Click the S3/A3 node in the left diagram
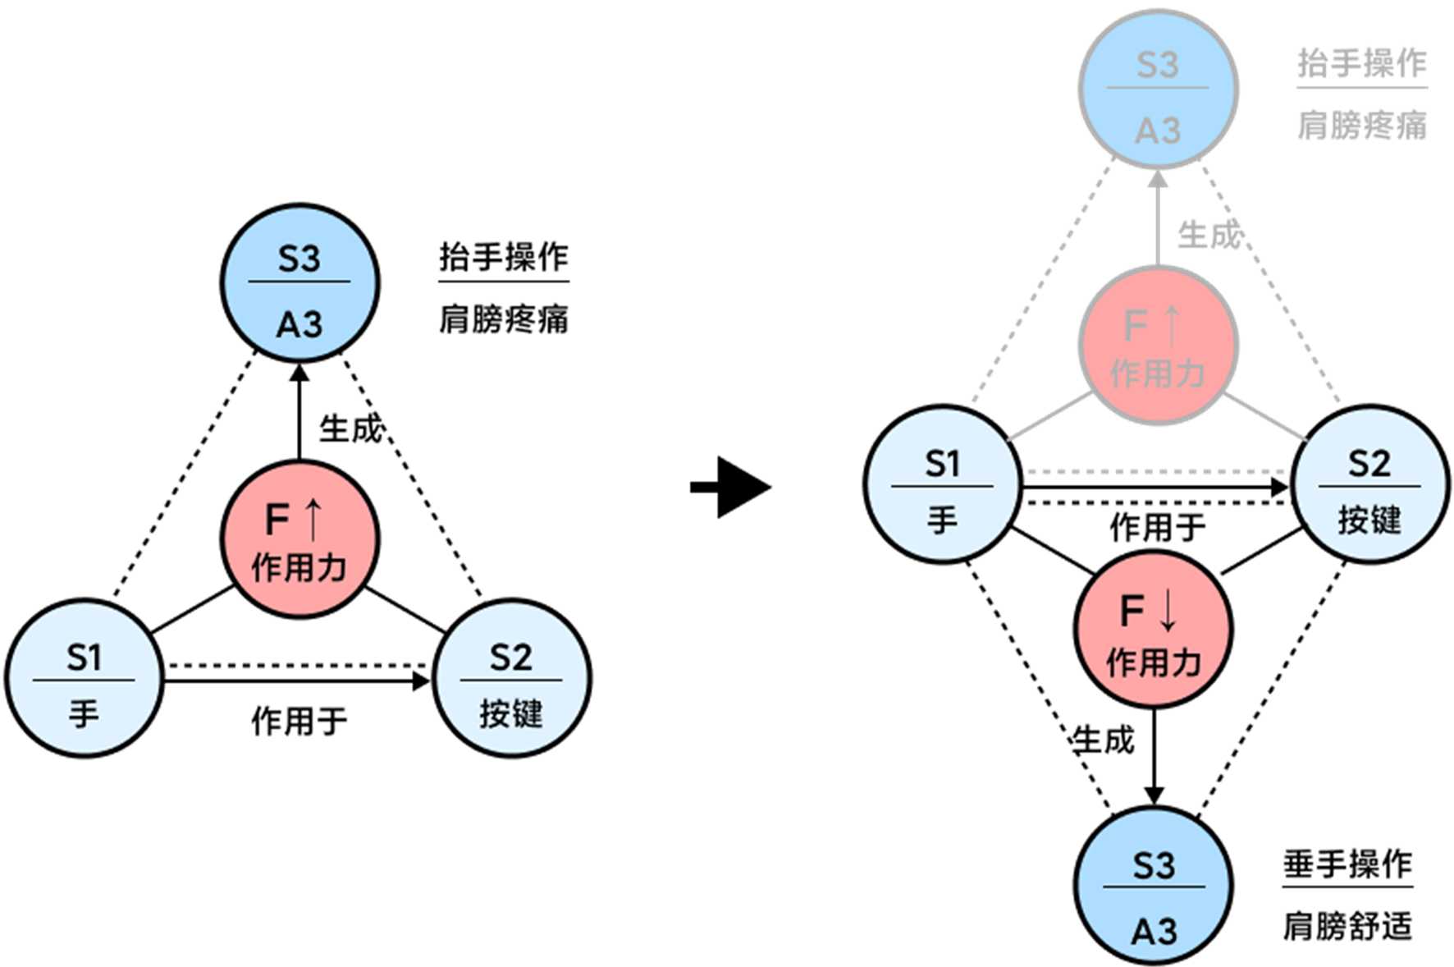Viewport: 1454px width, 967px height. click(299, 283)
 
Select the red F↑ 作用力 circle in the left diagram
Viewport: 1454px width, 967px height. click(299, 539)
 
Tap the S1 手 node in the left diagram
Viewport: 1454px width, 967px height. click(85, 678)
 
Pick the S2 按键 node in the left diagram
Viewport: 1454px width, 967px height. click(511, 678)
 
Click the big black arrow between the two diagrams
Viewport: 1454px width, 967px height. click(730, 488)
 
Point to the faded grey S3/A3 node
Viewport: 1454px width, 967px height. click(1158, 89)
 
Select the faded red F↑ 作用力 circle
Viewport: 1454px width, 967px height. click(1158, 346)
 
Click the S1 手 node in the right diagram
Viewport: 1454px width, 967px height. click(944, 484)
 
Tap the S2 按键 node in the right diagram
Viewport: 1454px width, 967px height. click(1370, 484)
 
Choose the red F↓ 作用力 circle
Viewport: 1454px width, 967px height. click(1154, 630)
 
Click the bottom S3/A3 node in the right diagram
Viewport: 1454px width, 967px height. click(1154, 886)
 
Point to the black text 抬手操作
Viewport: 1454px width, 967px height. click(504, 257)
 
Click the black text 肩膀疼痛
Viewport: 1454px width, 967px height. click(504, 319)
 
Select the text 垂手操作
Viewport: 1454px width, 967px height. click(1348, 864)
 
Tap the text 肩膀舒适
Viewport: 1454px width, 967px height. click(1348, 926)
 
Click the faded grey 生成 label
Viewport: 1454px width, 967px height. click(1209, 235)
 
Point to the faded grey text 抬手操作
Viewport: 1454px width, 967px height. click(1362, 63)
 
